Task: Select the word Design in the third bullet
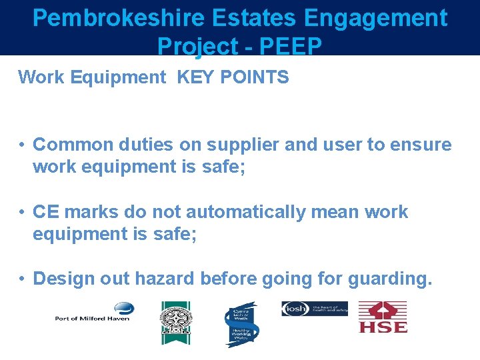click(64, 278)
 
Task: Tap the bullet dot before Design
click(22, 278)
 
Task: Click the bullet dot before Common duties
click(22, 145)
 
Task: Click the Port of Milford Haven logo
click(94, 312)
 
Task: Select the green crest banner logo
click(175, 322)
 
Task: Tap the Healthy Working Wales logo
click(240, 324)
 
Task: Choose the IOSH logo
click(314, 309)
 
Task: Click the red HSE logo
click(383, 317)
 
